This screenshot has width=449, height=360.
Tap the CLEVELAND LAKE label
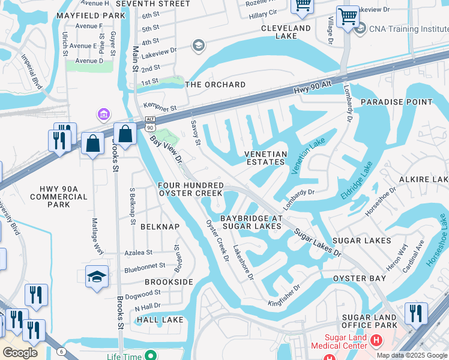click(286, 32)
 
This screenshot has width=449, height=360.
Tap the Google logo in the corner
click(20, 352)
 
